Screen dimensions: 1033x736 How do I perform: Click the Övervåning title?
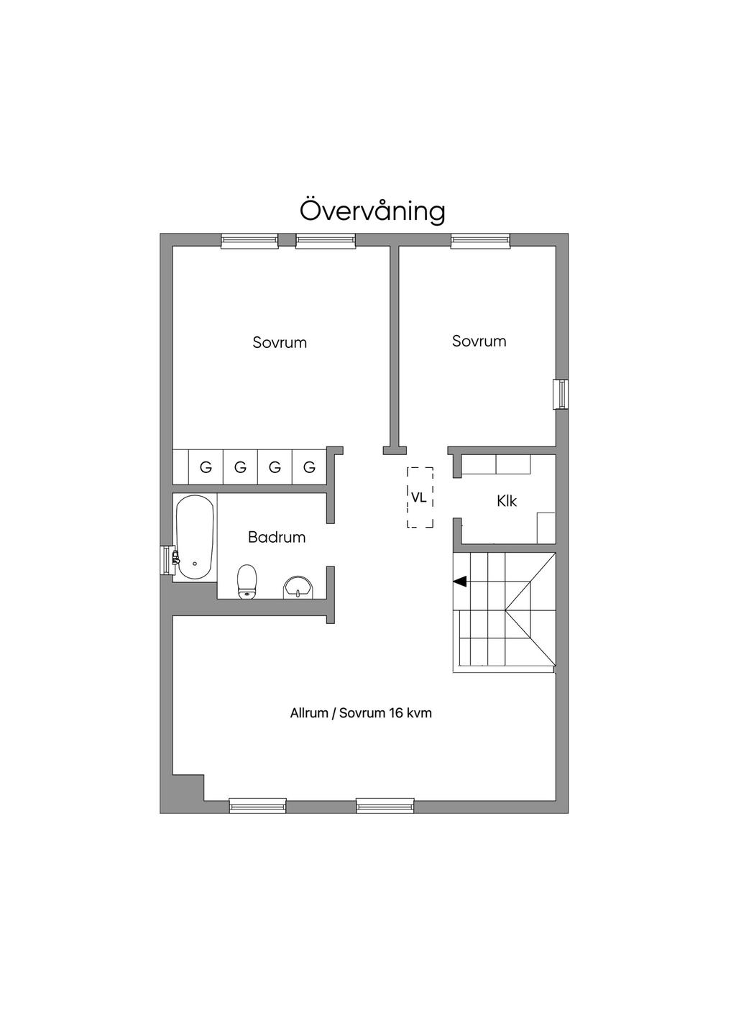(372, 211)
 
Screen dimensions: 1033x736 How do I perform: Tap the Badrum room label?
(277, 537)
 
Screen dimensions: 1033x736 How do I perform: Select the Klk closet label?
(507, 501)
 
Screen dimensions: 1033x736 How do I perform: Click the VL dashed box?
(420, 497)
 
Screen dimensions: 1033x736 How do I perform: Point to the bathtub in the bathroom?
(195, 537)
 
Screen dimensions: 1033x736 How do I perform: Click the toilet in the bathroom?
(247, 581)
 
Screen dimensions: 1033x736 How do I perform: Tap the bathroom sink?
(298, 587)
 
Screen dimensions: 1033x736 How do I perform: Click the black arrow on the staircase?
(460, 581)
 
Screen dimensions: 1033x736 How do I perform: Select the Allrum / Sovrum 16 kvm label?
(361, 714)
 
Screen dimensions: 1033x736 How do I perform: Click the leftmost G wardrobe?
(206, 467)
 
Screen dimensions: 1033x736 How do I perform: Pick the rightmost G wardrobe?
(309, 467)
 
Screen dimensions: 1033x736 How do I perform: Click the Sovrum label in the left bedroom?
(280, 343)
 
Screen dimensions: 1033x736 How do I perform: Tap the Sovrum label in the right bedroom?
(479, 341)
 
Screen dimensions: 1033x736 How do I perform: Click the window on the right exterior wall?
(561, 394)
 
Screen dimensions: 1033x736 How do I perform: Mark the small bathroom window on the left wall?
(167, 560)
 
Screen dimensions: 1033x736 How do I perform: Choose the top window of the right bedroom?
(480, 241)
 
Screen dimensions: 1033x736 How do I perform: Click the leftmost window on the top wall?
(249, 241)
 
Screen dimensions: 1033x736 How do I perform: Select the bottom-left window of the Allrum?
(257, 806)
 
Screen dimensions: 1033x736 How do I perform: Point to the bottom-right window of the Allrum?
(385, 806)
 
